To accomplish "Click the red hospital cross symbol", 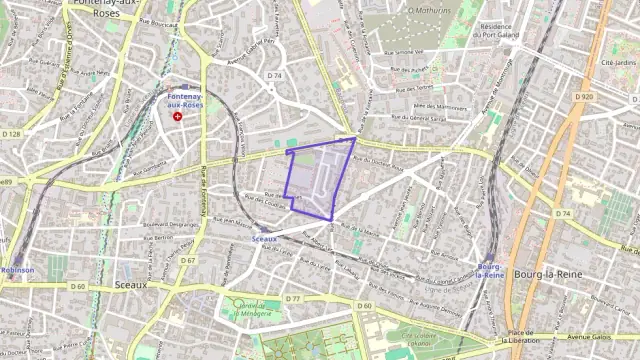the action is pos(178,116).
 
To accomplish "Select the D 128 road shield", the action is pos(11,133).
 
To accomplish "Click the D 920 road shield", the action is pos(586,96).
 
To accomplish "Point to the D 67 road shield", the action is pos(188,260).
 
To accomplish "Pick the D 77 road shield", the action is pos(293,299).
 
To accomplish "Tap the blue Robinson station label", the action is pos(16,270).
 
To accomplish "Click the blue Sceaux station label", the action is pos(264,240).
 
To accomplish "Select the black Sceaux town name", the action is pos(129,284).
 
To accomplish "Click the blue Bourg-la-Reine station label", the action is pos(490,271).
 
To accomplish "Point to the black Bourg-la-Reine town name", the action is pos(541,272).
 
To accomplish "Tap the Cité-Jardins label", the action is pos(619,62).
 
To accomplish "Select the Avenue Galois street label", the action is pos(608,338).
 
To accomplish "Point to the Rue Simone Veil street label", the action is pos(401,50).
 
